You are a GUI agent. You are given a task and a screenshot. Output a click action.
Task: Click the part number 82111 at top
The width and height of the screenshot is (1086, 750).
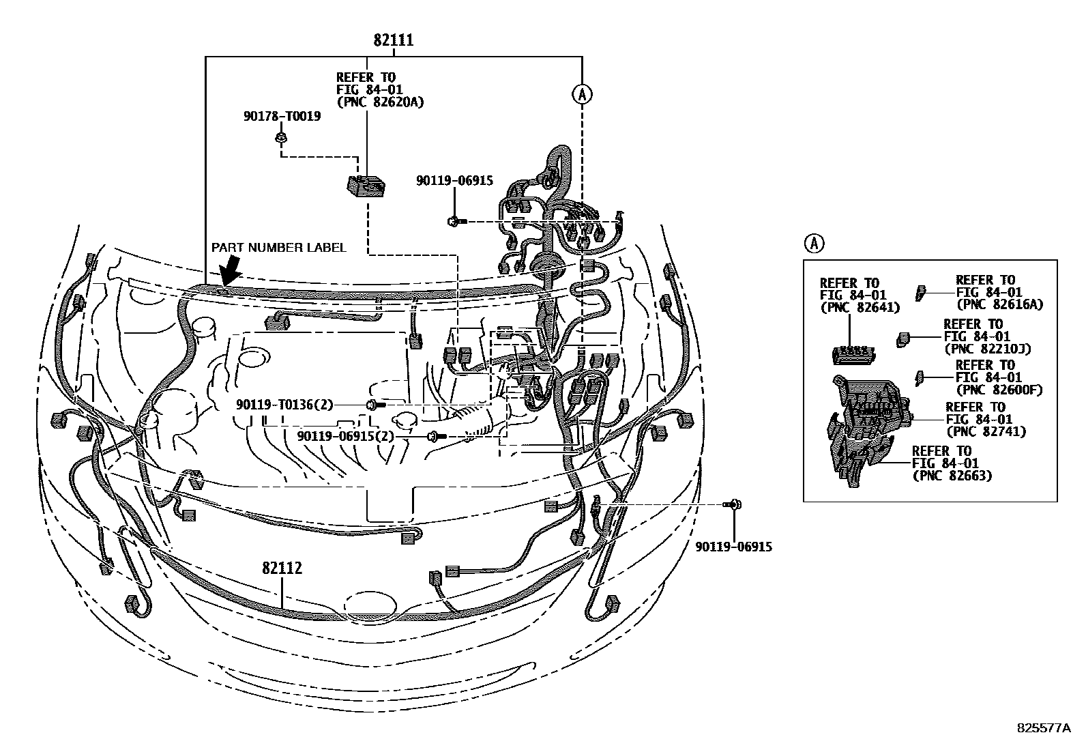393,40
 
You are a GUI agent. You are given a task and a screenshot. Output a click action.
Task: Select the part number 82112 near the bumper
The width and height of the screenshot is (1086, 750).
282,568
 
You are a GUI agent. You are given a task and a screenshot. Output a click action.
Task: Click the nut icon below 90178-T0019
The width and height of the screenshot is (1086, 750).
280,139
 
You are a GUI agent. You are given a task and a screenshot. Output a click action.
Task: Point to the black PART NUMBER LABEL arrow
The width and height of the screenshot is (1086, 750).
231,271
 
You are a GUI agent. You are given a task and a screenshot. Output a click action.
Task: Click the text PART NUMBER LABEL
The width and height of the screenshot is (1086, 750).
278,248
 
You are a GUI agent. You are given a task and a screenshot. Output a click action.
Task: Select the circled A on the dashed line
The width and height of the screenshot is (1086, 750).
581,94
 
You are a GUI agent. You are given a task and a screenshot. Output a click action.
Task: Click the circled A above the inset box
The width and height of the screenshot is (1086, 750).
814,242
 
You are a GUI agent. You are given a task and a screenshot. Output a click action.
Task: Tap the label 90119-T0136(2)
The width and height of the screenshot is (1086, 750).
284,405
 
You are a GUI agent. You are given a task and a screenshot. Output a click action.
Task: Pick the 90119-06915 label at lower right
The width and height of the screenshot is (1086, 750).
734,547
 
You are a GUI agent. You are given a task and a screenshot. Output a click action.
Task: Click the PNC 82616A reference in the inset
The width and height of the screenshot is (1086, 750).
999,304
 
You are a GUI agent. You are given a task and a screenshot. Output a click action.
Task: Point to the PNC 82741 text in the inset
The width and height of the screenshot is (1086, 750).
985,431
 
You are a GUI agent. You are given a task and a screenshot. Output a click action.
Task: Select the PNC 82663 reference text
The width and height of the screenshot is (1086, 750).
952,475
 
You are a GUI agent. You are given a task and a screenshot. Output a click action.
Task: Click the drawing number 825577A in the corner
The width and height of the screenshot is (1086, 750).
1044,728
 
